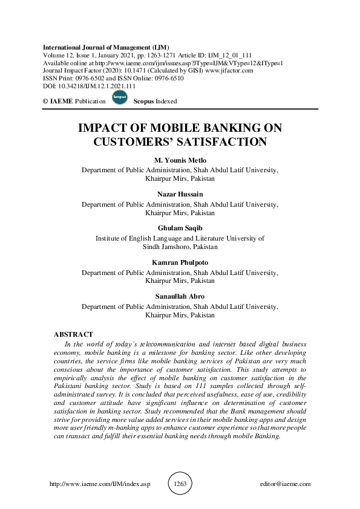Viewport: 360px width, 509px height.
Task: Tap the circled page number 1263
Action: coord(180,484)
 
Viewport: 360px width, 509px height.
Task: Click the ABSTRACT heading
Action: coord(73,334)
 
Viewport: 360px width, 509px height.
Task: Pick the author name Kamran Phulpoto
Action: coord(180,263)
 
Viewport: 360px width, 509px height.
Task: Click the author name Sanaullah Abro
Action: coord(180,297)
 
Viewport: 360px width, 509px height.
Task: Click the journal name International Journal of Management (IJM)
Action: coord(106,47)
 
